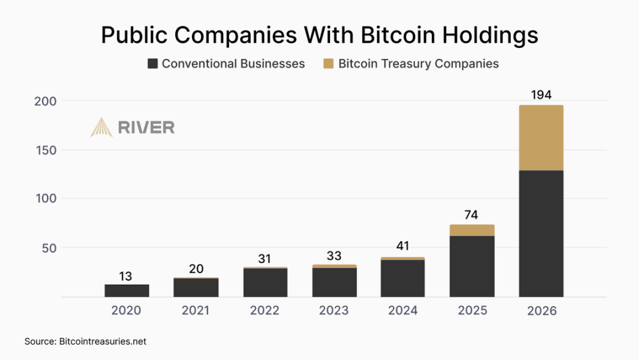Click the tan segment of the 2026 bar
pos(541,138)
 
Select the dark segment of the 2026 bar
pos(541,233)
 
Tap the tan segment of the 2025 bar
pos(472,230)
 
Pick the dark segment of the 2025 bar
pos(472,266)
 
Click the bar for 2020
pos(127,291)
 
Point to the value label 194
pos(541,95)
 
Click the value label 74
pos(472,215)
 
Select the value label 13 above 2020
pos(126,276)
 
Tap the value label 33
pos(334,256)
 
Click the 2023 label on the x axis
pos(334,311)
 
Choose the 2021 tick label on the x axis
pos(196,311)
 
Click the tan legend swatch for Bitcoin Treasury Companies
pos(328,64)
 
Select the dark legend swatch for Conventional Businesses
pos(153,64)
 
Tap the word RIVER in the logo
pos(146,127)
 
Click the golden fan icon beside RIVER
pos(101,127)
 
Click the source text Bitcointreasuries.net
pos(102,342)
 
